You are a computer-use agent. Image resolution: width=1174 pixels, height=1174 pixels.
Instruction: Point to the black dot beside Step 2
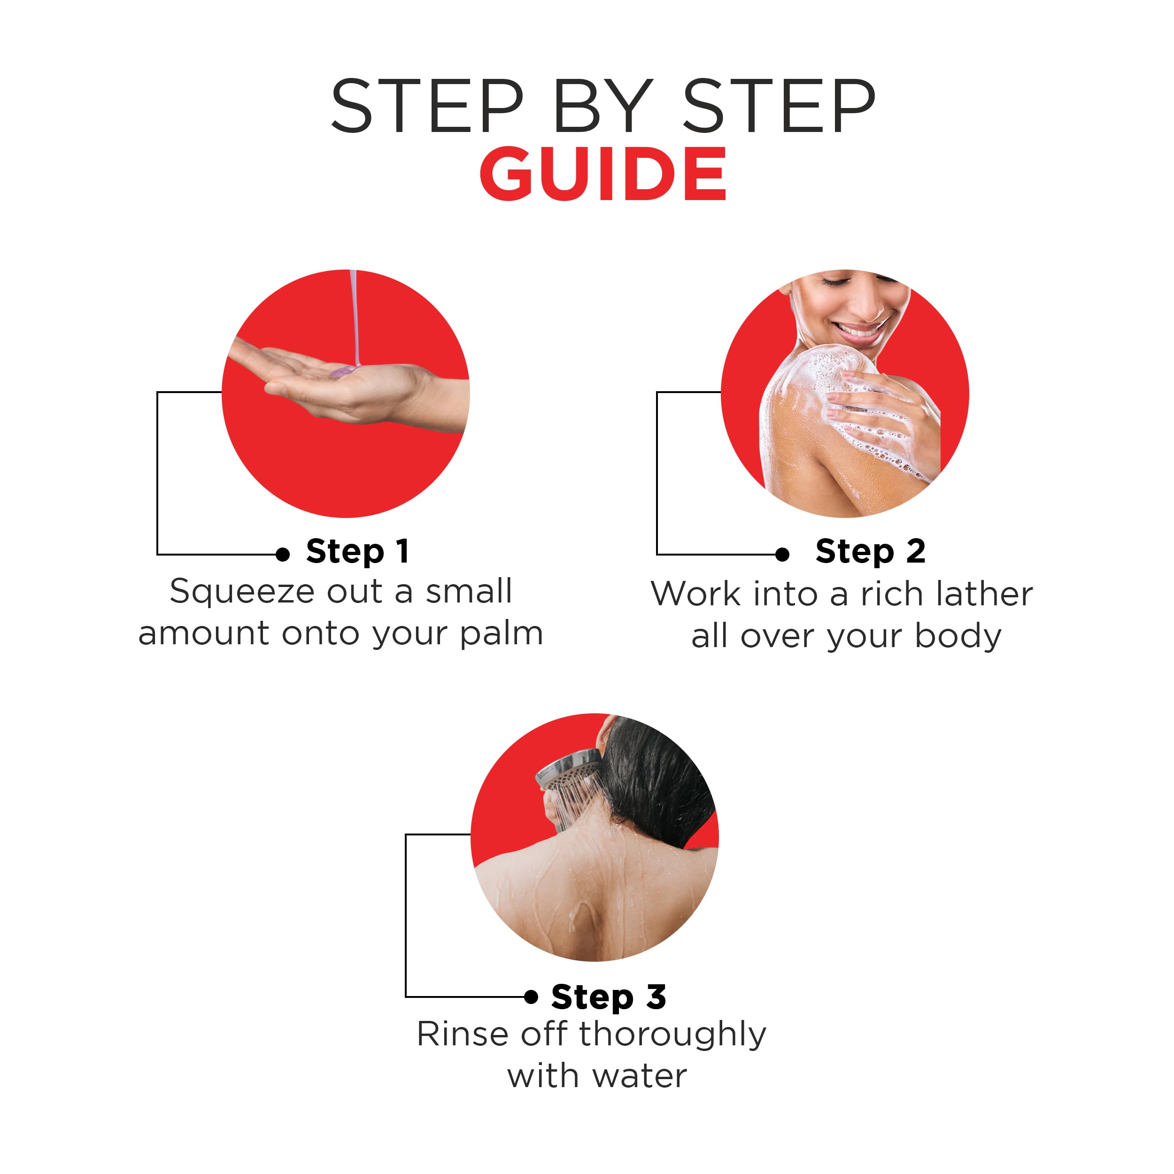(783, 554)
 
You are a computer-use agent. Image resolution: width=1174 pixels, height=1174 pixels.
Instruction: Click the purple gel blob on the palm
(343, 371)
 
